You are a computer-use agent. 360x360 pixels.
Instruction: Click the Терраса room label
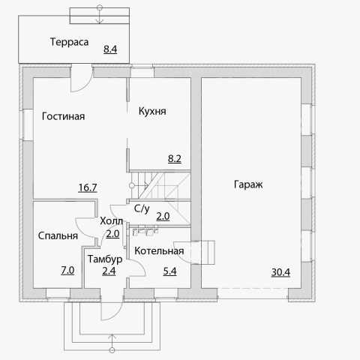pyautogui.click(x=69, y=42)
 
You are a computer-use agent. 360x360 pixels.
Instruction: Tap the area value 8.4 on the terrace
pyautogui.click(x=110, y=49)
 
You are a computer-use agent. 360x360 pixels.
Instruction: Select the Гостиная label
pyautogui.click(x=63, y=116)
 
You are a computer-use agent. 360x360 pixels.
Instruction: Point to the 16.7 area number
pyautogui.click(x=88, y=187)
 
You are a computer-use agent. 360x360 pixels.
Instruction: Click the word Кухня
pyautogui.click(x=152, y=111)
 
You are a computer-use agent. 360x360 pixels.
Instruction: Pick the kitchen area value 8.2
pyautogui.click(x=175, y=159)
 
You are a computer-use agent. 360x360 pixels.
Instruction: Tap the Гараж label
pyautogui.click(x=248, y=184)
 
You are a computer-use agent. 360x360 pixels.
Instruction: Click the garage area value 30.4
pyautogui.click(x=280, y=272)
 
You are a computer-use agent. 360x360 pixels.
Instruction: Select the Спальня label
pyautogui.click(x=58, y=235)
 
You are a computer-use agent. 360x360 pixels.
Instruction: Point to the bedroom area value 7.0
pyautogui.click(x=67, y=271)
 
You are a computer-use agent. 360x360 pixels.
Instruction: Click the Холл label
pyautogui.click(x=111, y=221)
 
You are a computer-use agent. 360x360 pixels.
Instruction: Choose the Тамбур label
pyautogui.click(x=105, y=259)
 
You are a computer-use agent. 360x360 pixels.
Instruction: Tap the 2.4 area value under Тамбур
pyautogui.click(x=109, y=271)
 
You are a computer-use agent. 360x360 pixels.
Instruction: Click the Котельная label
pyautogui.click(x=159, y=251)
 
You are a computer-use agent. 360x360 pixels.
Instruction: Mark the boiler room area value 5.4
pyautogui.click(x=169, y=271)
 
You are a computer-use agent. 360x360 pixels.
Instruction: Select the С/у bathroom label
pyautogui.click(x=142, y=208)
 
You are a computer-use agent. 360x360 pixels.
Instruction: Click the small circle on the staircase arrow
pyautogui.click(x=132, y=185)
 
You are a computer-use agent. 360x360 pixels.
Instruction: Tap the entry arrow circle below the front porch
pyautogui.click(x=112, y=349)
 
